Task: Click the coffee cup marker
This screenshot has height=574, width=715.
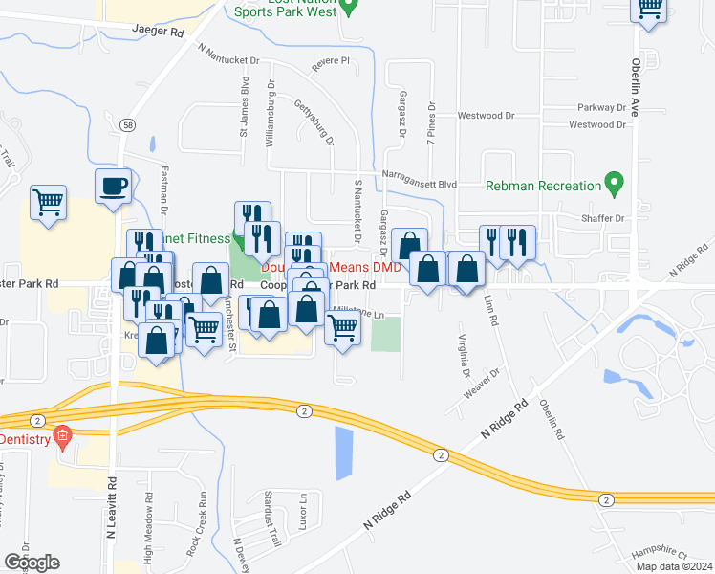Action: (113, 187)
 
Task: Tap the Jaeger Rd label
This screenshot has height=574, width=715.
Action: (159, 32)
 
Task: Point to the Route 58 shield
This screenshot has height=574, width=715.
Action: (127, 124)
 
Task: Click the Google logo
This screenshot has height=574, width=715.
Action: (32, 563)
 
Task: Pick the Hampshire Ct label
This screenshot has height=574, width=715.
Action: (660, 554)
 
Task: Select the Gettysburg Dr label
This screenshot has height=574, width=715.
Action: (314, 122)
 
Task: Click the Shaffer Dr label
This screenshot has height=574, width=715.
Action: (602, 218)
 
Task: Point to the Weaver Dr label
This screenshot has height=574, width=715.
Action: (482, 385)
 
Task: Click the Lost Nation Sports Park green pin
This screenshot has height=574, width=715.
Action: (349, 9)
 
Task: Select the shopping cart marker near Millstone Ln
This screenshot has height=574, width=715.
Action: (342, 327)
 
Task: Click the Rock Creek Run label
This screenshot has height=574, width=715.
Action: (202, 520)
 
